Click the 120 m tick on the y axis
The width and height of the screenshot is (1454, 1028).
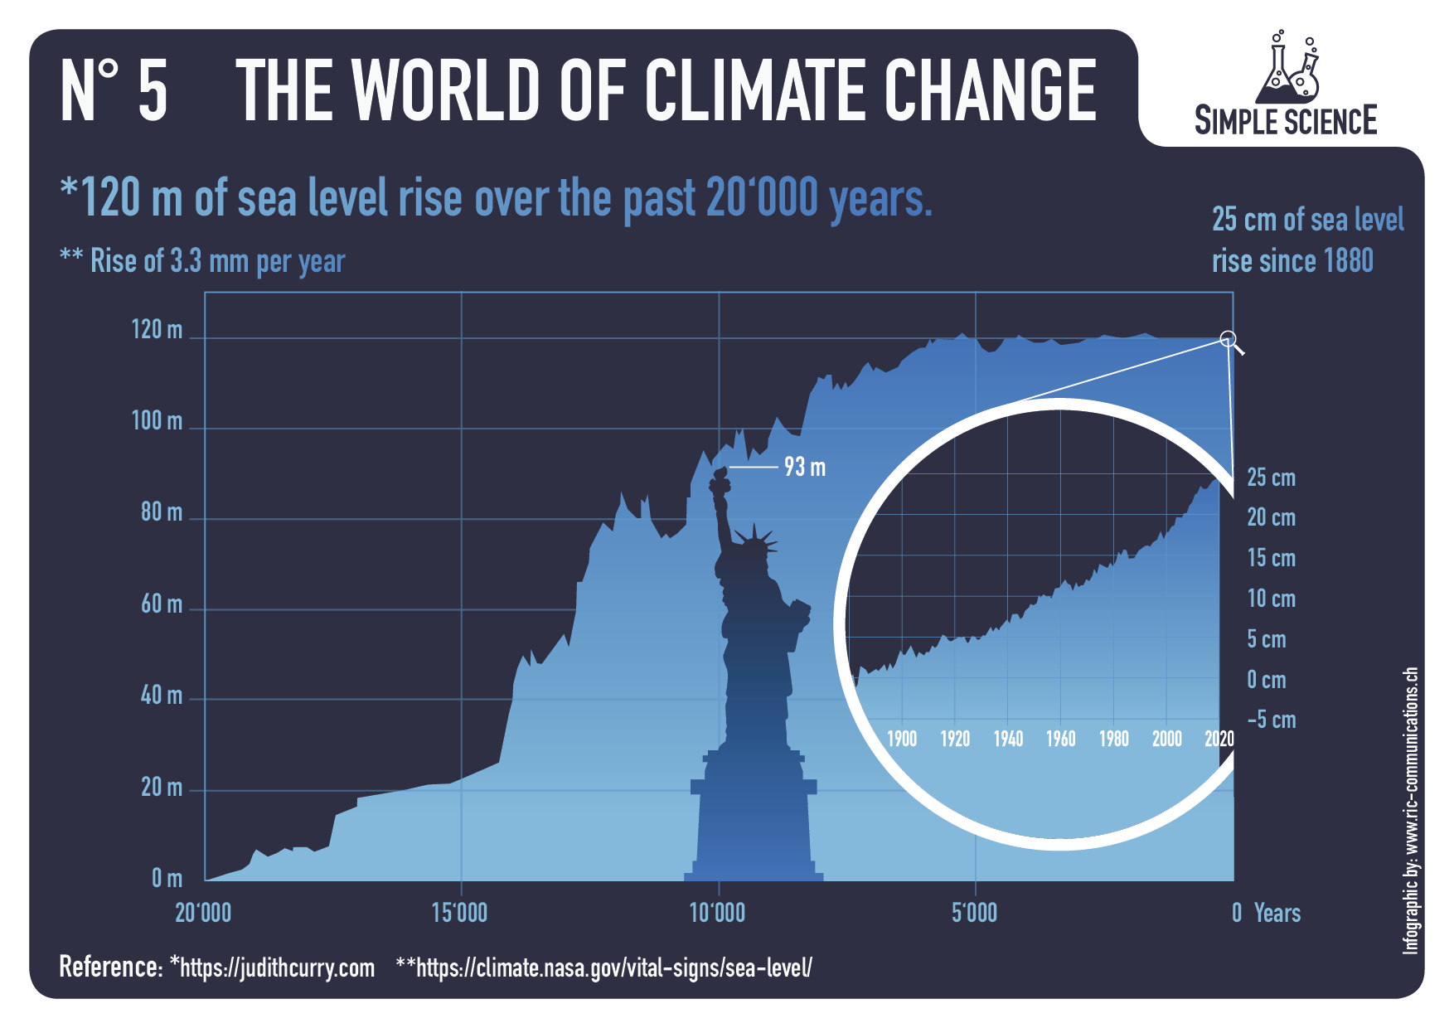tap(157, 330)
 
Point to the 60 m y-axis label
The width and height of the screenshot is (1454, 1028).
tap(161, 604)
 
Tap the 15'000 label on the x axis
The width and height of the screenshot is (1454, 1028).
tap(460, 914)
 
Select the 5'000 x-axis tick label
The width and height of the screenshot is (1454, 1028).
tap(975, 914)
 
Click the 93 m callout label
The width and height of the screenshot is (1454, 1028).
tap(805, 468)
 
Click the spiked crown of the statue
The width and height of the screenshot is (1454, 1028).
tap(755, 543)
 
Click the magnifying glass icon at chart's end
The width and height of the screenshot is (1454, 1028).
tap(1230, 340)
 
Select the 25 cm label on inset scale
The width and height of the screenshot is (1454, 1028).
tap(1271, 478)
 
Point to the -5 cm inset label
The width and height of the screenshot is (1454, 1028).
tap(1271, 720)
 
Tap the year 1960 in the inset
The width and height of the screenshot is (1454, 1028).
tap(1060, 739)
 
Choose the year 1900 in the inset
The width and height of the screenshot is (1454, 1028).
tap(902, 739)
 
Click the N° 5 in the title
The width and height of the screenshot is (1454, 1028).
tap(114, 91)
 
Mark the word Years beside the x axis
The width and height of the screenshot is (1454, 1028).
tap(1277, 914)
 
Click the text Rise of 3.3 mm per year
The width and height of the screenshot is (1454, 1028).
tap(217, 261)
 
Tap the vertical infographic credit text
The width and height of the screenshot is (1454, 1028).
tap(1411, 810)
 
